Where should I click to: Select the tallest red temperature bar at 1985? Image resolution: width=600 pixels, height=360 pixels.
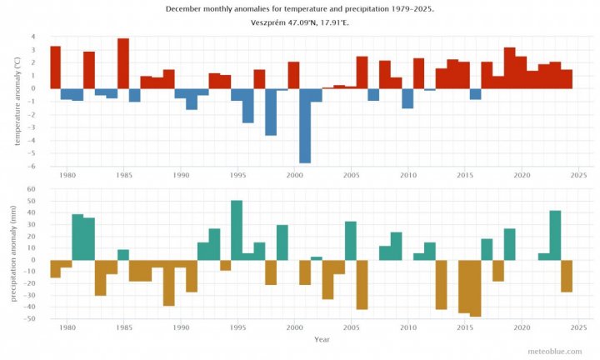click(x=123, y=63)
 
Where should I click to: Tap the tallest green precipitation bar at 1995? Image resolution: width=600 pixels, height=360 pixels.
click(x=237, y=230)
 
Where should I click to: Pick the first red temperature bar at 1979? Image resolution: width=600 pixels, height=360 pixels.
click(x=55, y=67)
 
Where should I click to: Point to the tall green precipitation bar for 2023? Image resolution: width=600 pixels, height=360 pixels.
click(x=555, y=235)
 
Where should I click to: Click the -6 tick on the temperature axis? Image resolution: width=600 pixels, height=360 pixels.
click(x=32, y=166)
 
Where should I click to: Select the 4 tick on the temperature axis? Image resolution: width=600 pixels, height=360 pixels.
click(x=33, y=37)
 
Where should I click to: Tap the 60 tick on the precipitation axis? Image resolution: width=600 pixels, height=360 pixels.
click(x=32, y=189)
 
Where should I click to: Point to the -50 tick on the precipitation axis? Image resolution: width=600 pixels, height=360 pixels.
click(x=30, y=318)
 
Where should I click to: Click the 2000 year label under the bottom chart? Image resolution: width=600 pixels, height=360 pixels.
click(x=294, y=328)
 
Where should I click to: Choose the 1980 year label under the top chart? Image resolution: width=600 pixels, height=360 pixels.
click(x=67, y=175)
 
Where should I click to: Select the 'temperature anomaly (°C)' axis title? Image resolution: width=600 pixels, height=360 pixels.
click(x=15, y=101)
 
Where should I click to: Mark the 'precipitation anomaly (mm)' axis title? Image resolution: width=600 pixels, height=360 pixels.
click(x=15, y=253)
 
